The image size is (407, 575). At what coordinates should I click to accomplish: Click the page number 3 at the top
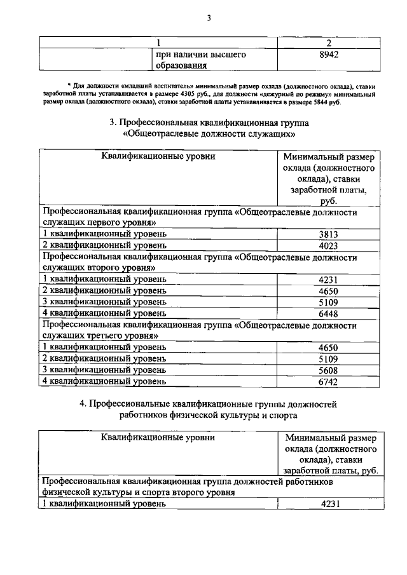pyautogui.click(x=208, y=17)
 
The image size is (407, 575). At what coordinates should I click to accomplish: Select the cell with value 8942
pyautogui.click(x=328, y=55)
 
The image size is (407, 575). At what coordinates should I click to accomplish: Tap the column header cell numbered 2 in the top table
pyautogui.click(x=328, y=43)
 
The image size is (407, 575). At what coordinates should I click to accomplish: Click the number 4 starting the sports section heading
pyautogui.click(x=92, y=403)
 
